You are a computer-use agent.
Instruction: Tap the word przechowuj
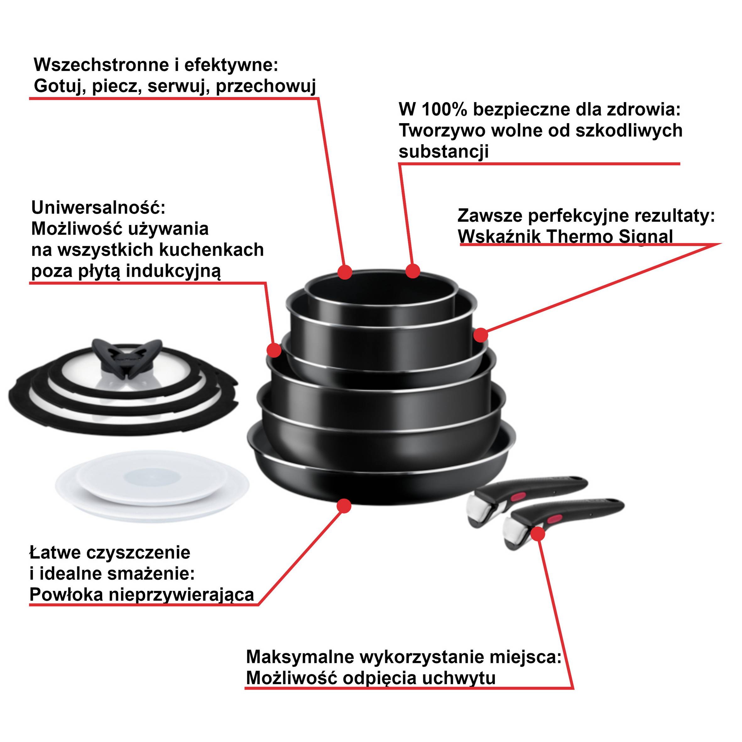click(x=266, y=86)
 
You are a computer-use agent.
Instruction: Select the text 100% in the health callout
click(x=445, y=110)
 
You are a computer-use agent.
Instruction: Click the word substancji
click(x=444, y=151)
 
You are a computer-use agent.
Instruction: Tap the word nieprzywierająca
click(x=182, y=595)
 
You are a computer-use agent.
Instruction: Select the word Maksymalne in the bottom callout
click(x=300, y=657)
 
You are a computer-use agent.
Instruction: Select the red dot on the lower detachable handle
click(x=538, y=534)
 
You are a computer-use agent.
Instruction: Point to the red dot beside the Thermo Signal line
click(x=480, y=335)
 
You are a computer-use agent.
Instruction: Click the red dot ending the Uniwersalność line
click(x=274, y=350)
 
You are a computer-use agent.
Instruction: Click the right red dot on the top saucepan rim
click(x=413, y=271)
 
